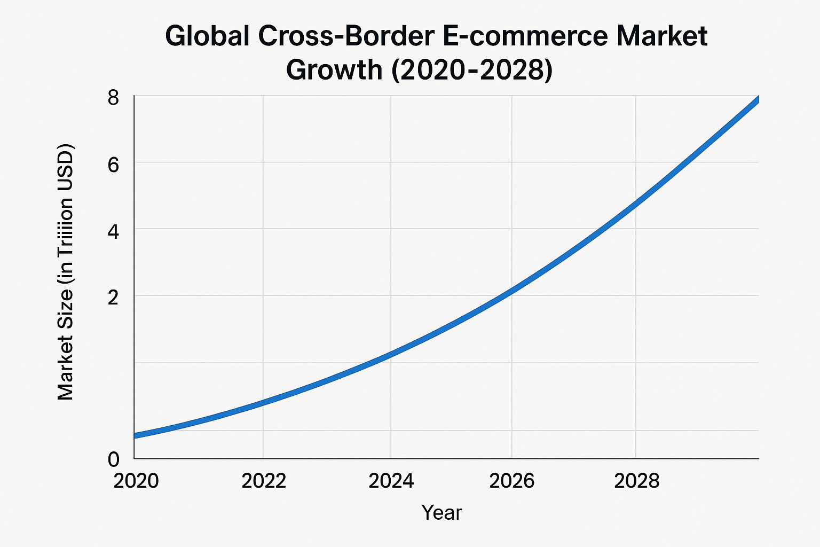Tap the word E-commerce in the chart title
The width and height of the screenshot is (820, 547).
pyautogui.click(x=522, y=36)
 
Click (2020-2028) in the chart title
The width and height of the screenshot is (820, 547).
pyautogui.click(x=472, y=70)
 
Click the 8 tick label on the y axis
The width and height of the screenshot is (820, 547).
pyautogui.click(x=113, y=98)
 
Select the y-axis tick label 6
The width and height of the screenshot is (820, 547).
pyautogui.click(x=113, y=165)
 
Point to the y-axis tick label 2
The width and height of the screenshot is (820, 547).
pyautogui.click(x=113, y=297)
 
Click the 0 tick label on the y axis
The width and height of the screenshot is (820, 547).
pyautogui.click(x=114, y=459)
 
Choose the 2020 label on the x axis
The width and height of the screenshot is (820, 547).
pyautogui.click(x=136, y=481)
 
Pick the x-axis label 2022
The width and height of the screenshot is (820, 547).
pyautogui.click(x=264, y=481)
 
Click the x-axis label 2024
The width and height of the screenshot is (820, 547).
pyautogui.click(x=391, y=481)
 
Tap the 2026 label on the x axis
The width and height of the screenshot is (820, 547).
pyautogui.click(x=511, y=481)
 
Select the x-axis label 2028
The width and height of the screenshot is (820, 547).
pyautogui.click(x=636, y=481)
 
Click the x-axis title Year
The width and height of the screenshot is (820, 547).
pyautogui.click(x=441, y=513)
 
